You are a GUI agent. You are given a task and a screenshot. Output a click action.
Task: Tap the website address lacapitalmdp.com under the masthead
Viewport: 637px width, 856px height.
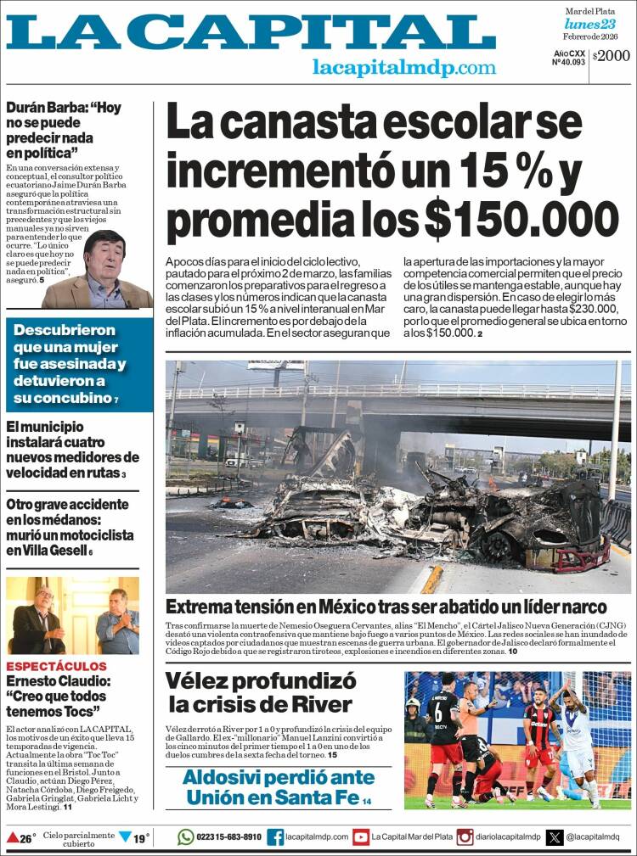tap(403, 68)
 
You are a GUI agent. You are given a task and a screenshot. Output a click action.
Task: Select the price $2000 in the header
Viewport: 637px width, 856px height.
tap(612, 56)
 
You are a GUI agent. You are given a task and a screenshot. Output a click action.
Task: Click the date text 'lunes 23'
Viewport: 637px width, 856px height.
tap(590, 24)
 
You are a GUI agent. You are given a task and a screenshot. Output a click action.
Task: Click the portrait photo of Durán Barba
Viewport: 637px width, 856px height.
tap(99, 271)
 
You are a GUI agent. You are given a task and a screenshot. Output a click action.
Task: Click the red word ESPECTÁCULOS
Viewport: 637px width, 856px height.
tap(57, 666)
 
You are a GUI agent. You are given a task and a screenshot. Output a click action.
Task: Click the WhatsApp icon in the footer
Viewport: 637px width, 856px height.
tap(186, 837)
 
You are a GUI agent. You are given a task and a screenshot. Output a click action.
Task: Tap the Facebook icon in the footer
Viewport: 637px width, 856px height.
tap(275, 837)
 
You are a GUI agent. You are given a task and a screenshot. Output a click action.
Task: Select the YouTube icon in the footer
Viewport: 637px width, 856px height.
tap(360, 837)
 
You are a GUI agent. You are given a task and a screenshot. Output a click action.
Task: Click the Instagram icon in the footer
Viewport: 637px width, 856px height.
tap(465, 837)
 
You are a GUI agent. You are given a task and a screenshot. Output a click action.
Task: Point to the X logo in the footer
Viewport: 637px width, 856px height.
tap(555, 837)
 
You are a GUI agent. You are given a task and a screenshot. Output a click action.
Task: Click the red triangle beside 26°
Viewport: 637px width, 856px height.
tap(12, 838)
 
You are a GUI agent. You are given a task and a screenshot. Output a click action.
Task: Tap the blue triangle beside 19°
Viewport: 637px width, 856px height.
tap(125, 837)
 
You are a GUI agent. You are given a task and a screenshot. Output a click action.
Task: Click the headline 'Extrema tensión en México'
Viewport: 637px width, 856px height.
tap(386, 607)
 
